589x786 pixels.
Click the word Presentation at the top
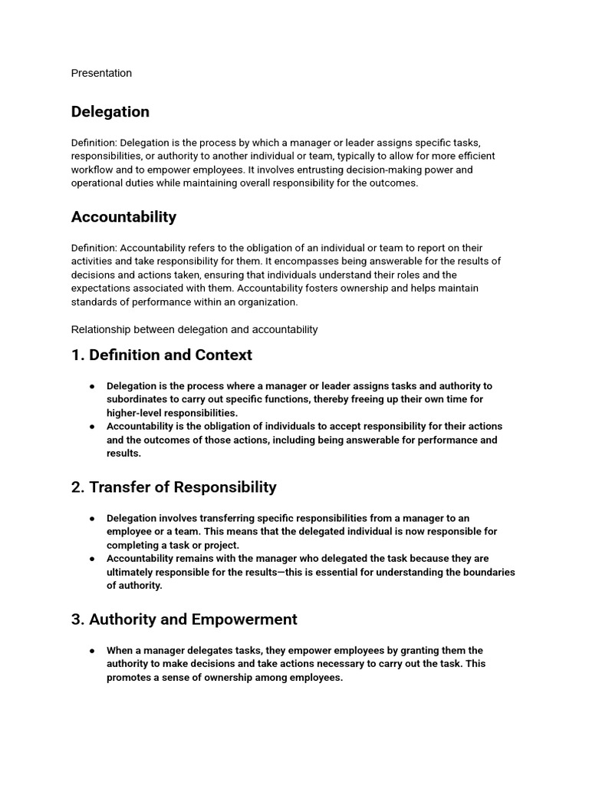101,73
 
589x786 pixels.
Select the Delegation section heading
110,112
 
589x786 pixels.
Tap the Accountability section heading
123,217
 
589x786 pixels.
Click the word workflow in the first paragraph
94,170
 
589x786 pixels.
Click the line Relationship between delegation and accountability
194,329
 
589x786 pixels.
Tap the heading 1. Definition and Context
161,355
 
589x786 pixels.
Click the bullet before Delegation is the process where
93,386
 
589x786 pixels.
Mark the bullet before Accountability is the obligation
93,426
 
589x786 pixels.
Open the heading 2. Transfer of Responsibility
173,487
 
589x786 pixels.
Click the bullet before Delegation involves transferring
93,518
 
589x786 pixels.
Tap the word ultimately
132,572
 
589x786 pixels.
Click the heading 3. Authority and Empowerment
184,619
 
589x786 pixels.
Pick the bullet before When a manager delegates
93,650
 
